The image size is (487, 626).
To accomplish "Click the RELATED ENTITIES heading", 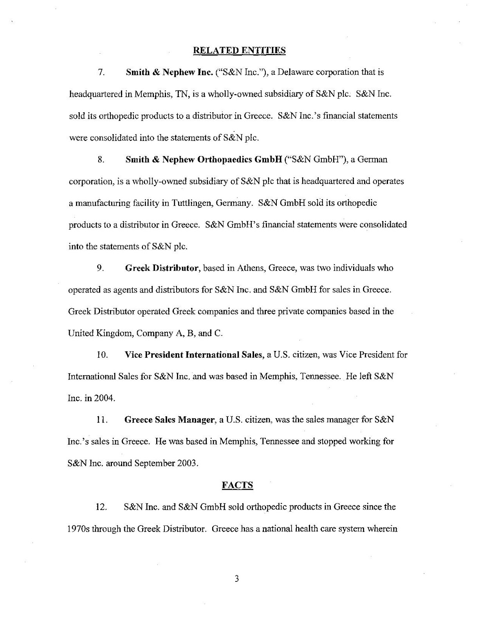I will tap(240, 50).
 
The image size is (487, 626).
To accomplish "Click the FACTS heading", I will tap(237, 485).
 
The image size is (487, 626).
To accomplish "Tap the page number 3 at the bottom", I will tap(236, 579).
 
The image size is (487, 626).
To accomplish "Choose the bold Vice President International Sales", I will tap(193, 355).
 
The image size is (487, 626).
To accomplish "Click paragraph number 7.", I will tap(101, 72).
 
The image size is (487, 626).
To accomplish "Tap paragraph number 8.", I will tap(101, 160).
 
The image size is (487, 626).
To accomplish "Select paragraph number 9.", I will tap(100, 268).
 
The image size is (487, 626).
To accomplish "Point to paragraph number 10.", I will tap(102, 355).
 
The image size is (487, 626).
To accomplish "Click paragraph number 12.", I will tap(101, 507).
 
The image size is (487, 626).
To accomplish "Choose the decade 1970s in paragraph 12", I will tap(79, 529).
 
